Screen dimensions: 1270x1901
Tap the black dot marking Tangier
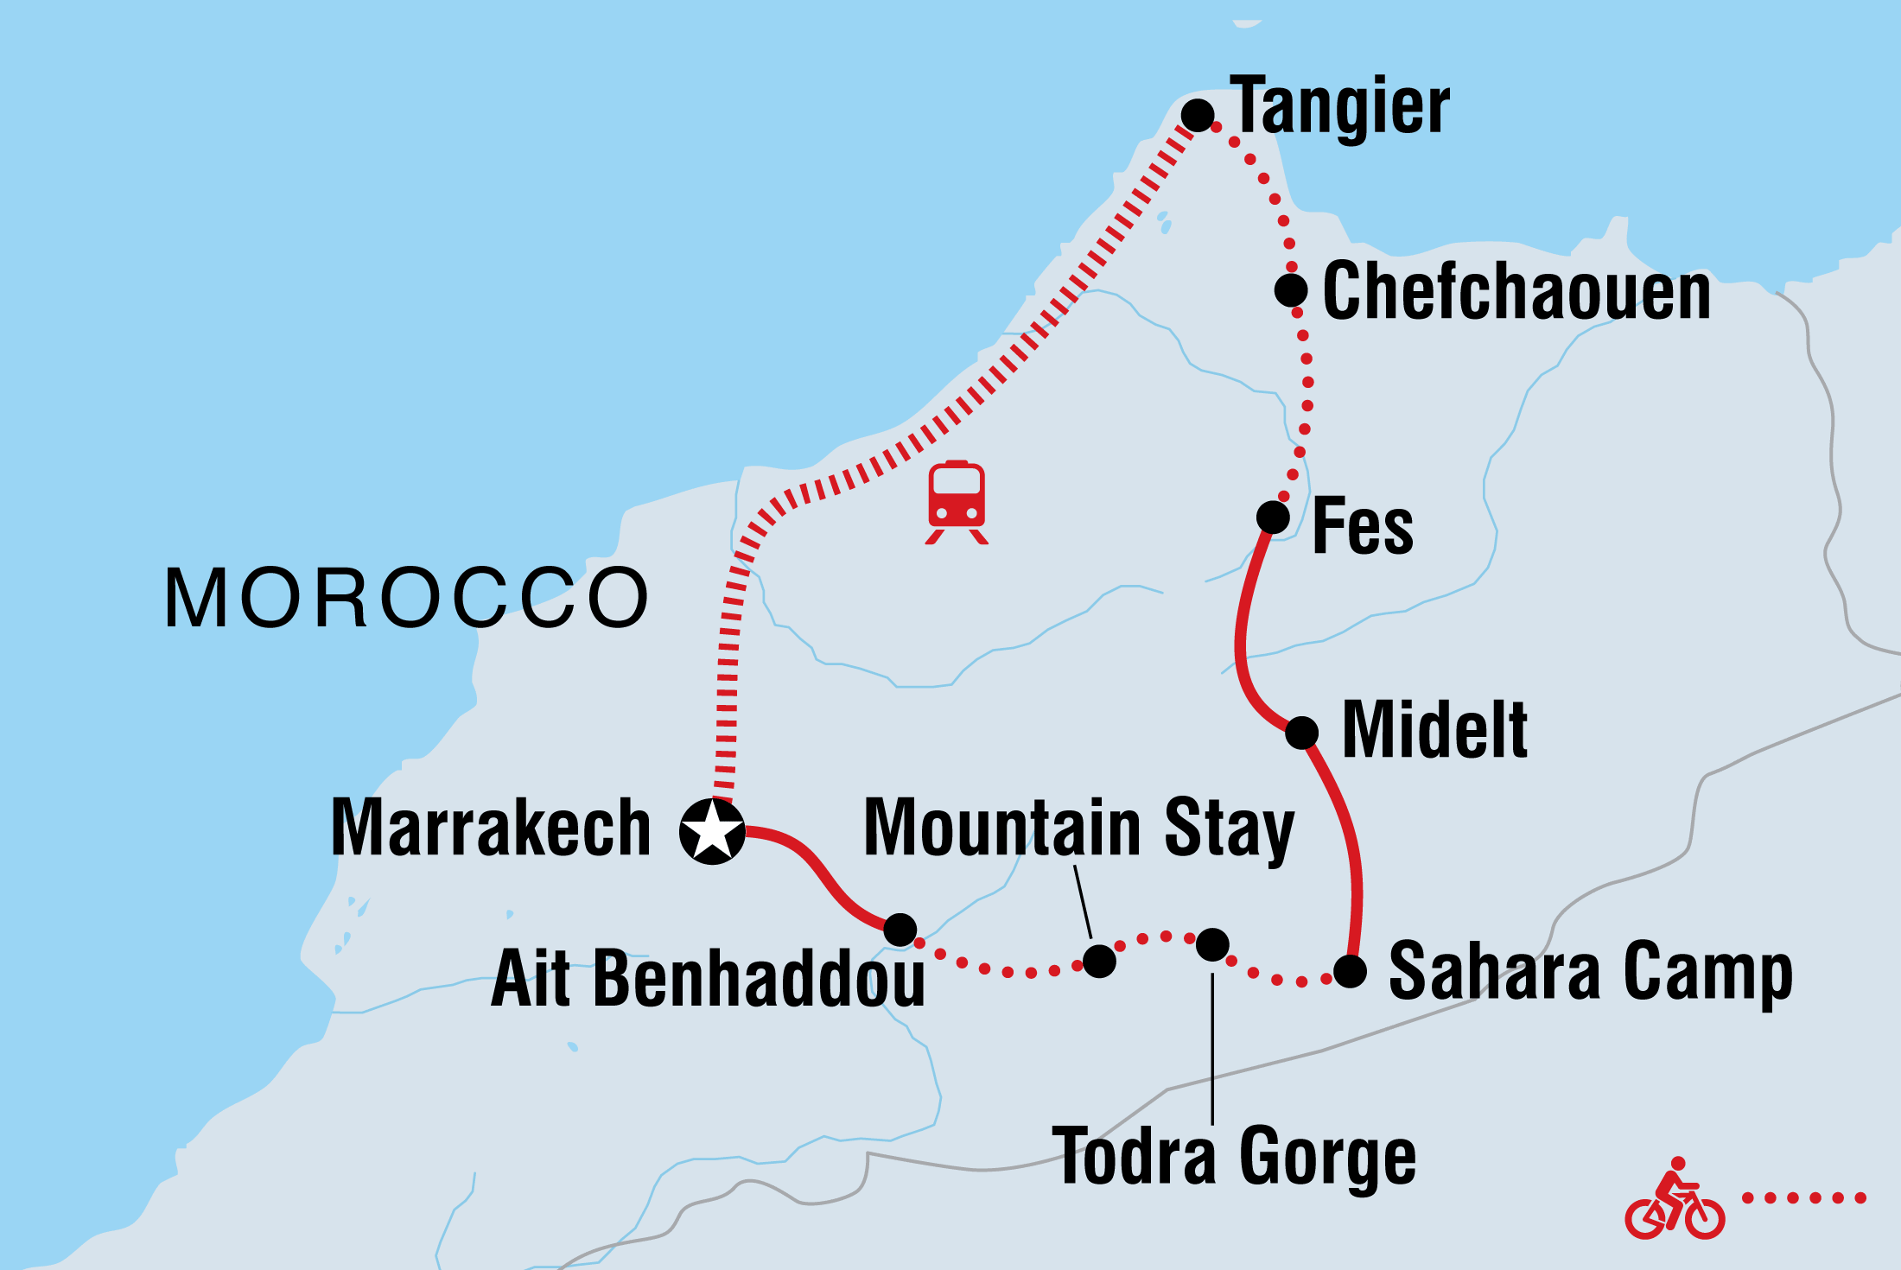tap(1198, 115)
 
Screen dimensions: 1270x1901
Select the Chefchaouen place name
tap(1516, 292)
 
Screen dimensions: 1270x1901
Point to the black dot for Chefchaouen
tap(1291, 290)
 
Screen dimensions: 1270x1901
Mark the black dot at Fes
tap(1273, 518)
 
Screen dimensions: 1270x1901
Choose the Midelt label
tap(1434, 731)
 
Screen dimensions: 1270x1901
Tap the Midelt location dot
tap(1301, 733)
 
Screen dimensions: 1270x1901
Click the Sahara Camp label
tap(1590, 973)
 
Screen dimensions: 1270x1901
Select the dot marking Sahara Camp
tap(1350, 971)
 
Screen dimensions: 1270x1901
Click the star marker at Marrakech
tap(712, 831)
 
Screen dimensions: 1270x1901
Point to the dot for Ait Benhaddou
tap(900, 930)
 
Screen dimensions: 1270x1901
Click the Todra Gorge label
tap(1234, 1156)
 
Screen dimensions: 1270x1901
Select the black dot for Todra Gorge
tap(1212, 944)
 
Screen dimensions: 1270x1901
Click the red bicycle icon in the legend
tap(1675, 1201)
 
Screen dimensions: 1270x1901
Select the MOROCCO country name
tap(406, 598)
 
